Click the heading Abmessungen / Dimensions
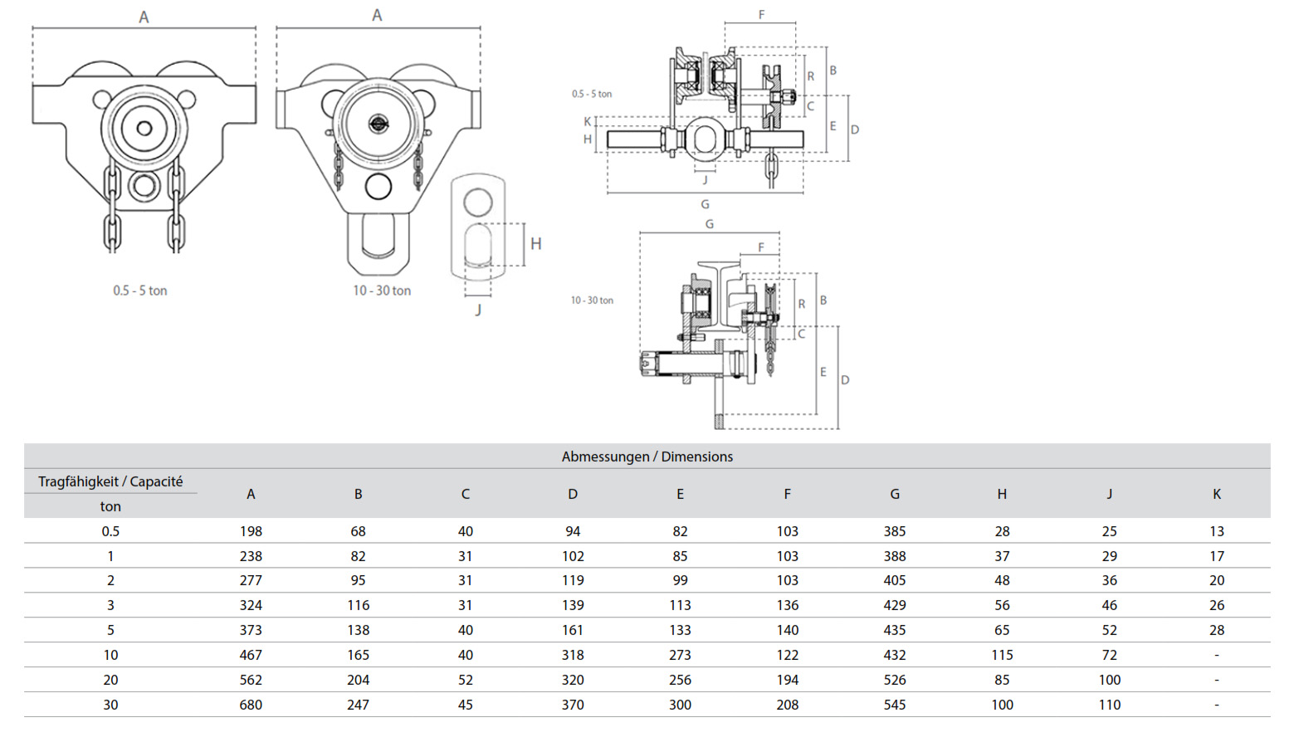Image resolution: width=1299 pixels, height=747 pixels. point(647,456)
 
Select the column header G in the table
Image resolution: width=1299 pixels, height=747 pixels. point(894,494)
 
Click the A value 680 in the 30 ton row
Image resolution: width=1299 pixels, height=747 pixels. point(251,705)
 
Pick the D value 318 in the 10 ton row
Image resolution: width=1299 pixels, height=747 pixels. point(572,655)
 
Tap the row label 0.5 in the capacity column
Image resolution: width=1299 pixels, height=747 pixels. point(110,531)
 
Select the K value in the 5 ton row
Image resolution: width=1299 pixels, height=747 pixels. point(1216,630)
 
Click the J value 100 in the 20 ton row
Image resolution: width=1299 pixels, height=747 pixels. point(1109,680)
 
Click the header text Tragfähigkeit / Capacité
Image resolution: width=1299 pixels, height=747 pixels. point(110,481)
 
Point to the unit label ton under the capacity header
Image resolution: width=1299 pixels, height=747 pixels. point(110,506)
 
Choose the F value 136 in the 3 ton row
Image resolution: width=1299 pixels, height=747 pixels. point(787,605)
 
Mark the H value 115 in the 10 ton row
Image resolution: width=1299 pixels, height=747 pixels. point(1002,655)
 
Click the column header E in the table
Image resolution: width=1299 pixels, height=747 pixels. point(680,494)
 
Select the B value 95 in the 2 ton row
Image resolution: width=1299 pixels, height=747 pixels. point(358,580)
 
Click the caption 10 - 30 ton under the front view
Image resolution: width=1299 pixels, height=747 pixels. point(382,290)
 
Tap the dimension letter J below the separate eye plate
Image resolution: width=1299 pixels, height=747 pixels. point(478,310)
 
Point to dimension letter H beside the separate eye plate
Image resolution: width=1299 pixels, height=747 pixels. point(535,244)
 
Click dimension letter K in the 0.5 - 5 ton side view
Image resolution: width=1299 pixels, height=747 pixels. point(588,122)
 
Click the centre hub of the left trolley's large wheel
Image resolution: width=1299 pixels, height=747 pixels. point(144,128)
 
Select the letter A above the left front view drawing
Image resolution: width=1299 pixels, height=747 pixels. point(144,17)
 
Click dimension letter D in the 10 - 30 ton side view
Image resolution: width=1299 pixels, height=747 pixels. point(845,380)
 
